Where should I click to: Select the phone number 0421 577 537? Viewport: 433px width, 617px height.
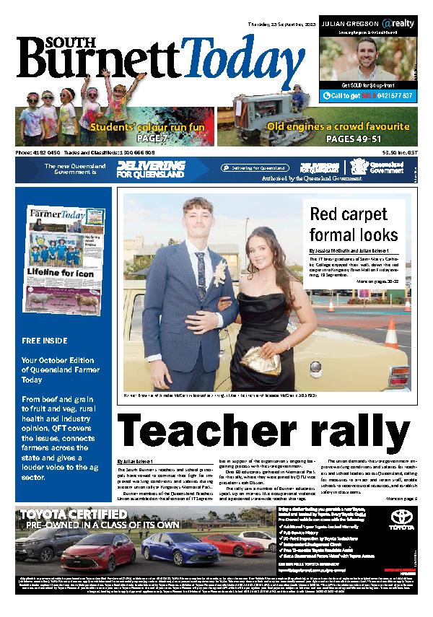coord(388,95)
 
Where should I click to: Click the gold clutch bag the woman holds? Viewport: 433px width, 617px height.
coord(258,355)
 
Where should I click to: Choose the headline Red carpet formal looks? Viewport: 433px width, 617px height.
coord(354,224)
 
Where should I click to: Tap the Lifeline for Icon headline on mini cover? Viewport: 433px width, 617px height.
coord(62,272)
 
